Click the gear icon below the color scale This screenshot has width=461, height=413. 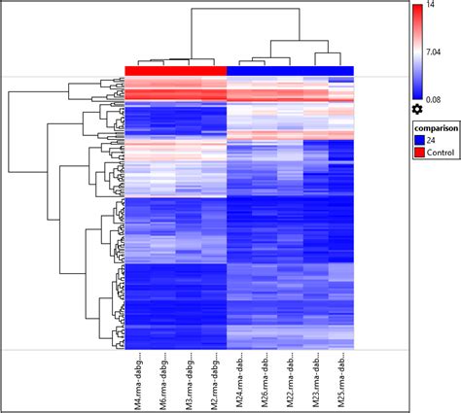417,109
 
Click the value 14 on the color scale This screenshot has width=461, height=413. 434,7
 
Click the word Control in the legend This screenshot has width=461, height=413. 439,153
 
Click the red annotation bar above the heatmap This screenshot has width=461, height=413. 176,70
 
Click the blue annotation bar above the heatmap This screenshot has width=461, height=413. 290,70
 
